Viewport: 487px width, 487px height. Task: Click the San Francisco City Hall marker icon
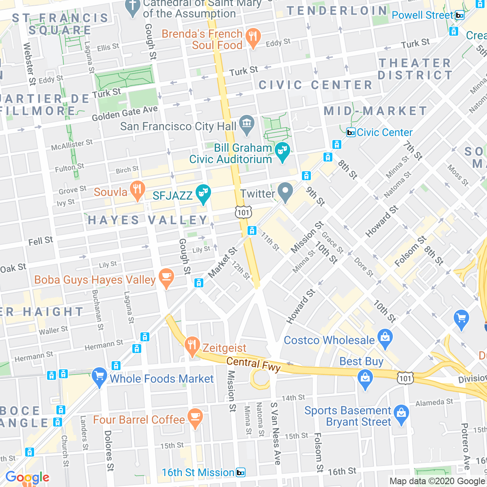pyautogui.click(x=246, y=125)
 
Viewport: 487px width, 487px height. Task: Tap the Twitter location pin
pyautogui.click(x=285, y=193)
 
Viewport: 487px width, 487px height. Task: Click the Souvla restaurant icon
pyautogui.click(x=138, y=191)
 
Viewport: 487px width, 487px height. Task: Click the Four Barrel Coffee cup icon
pyautogui.click(x=195, y=418)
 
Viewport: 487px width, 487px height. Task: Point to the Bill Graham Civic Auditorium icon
pyautogui.click(x=282, y=152)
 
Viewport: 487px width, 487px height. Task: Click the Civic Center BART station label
pyautogui.click(x=384, y=132)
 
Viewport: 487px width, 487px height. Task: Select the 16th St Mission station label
pyautogui.click(x=198, y=472)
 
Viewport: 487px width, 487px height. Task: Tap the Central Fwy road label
pyautogui.click(x=253, y=364)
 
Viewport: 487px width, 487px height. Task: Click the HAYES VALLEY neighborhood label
pyautogui.click(x=148, y=220)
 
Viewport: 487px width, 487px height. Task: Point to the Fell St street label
pyautogui.click(x=41, y=241)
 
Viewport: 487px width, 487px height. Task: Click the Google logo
pyautogui.click(x=27, y=478)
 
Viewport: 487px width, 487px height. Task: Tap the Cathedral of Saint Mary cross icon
pyautogui.click(x=133, y=8)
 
